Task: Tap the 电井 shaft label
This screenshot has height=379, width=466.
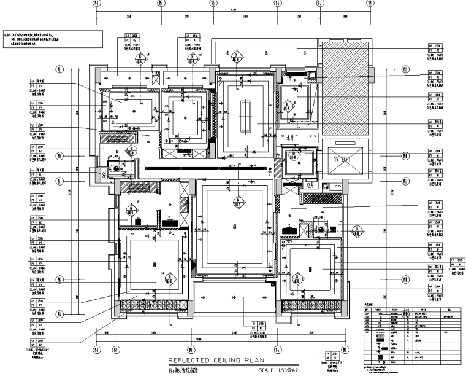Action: [x=291, y=184]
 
